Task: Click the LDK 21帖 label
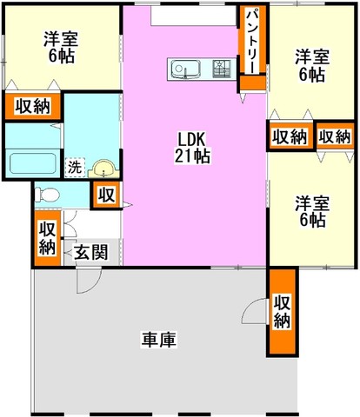(x=192, y=148)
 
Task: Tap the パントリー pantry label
(x=252, y=40)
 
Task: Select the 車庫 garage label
(x=159, y=340)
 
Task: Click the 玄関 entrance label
(x=91, y=252)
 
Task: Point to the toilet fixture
(x=47, y=195)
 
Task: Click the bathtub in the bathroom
(x=33, y=163)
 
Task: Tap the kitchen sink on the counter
(x=185, y=70)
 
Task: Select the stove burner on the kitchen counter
(x=222, y=69)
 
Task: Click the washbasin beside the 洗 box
(x=103, y=169)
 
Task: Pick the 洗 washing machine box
(x=75, y=167)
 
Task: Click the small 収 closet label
(x=106, y=195)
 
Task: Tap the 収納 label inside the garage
(x=282, y=312)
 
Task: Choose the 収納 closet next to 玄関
(x=47, y=238)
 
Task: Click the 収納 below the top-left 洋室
(x=33, y=106)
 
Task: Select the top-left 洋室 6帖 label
(x=61, y=48)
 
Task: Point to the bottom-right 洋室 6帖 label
(x=312, y=211)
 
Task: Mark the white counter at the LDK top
(x=193, y=15)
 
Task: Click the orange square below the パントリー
(x=252, y=83)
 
